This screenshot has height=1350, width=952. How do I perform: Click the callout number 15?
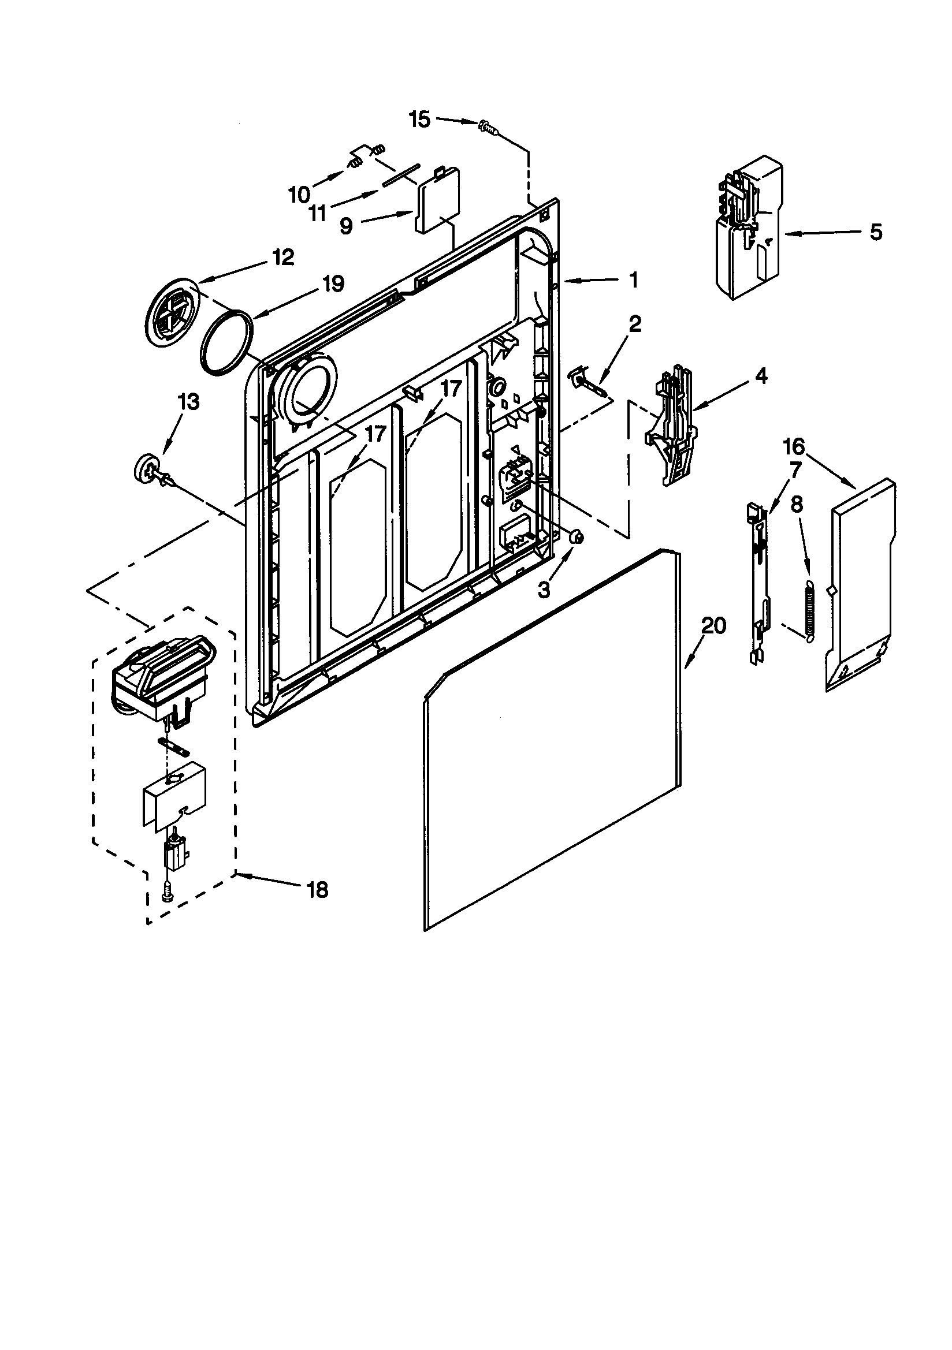coord(419,120)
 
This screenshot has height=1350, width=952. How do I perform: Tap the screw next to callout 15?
coord(488,126)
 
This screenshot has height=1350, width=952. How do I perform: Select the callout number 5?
coord(876,232)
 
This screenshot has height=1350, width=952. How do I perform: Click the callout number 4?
coord(761,376)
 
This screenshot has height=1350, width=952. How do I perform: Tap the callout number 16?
coord(793,447)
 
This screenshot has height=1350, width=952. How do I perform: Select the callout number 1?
coord(633,281)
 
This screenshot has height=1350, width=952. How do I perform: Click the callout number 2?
coord(634,324)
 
